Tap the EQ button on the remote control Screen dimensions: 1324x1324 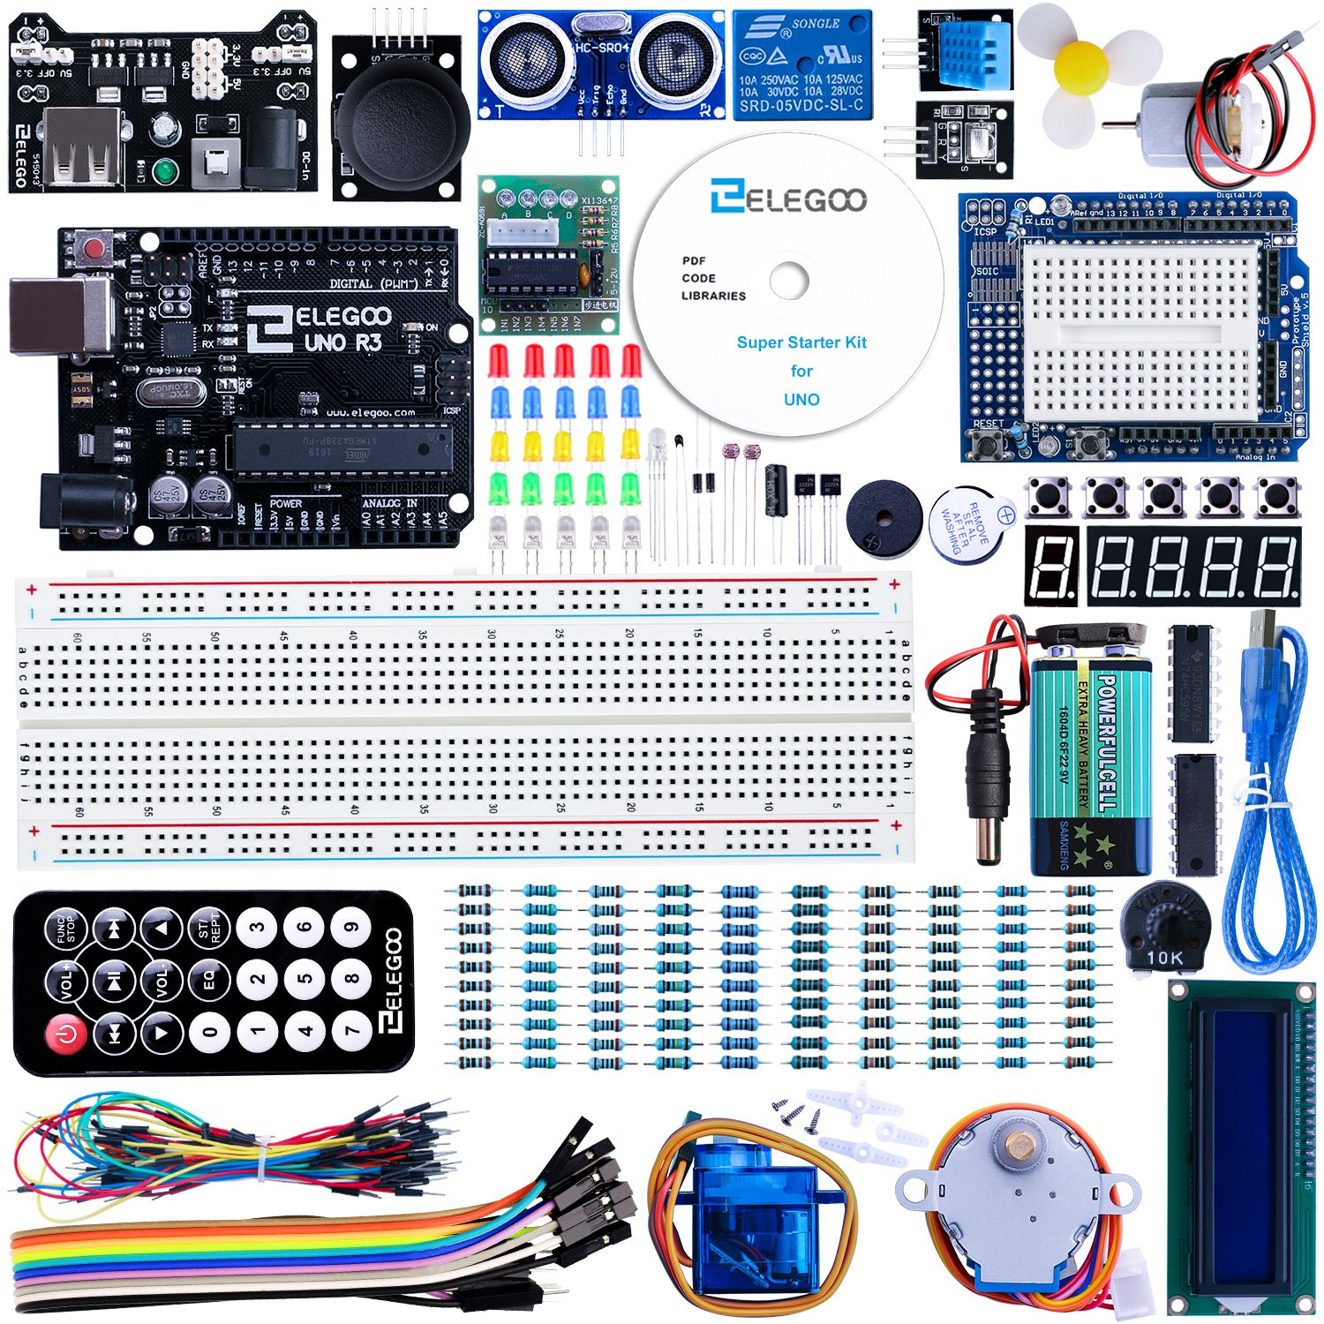pos(209,980)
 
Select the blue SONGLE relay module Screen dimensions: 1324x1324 pos(801,64)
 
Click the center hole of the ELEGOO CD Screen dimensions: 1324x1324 pos(788,282)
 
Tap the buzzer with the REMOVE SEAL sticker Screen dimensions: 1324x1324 pos(968,522)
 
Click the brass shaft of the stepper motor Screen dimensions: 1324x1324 pos(1020,1147)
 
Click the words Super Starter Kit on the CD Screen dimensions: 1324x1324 pos(801,342)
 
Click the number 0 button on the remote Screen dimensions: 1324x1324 pos(210,1030)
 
